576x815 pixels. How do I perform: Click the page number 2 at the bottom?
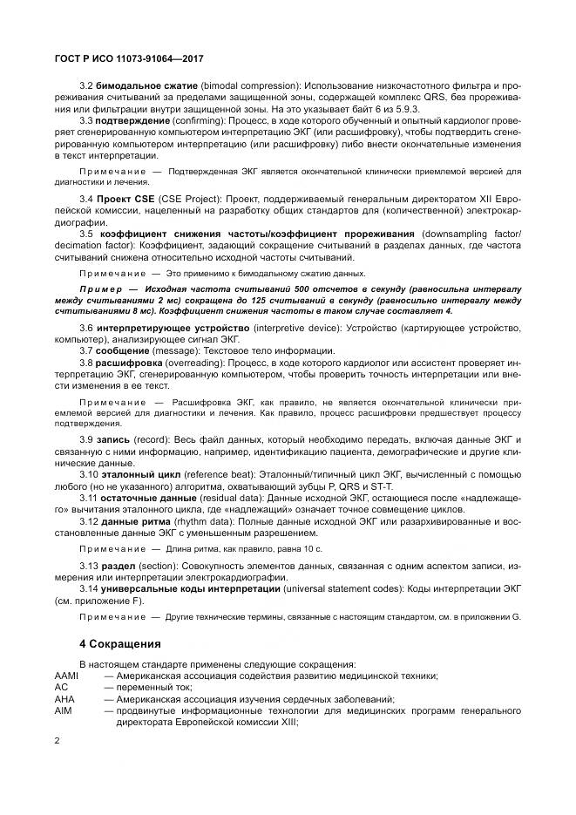[57, 741]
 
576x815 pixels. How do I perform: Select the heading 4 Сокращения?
[120, 644]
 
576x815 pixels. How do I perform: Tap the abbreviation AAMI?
[67, 676]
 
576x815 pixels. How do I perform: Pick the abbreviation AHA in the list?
[64, 699]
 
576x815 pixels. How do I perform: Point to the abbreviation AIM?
[63, 710]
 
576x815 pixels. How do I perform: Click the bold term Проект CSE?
[125, 200]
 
